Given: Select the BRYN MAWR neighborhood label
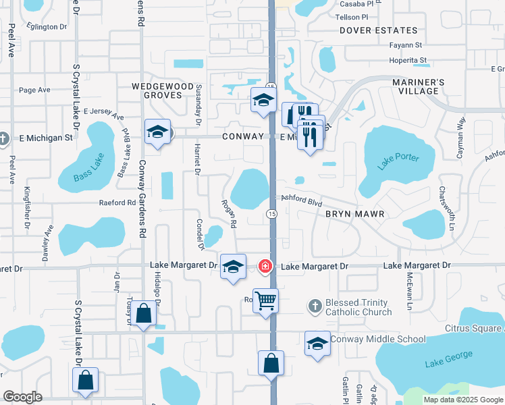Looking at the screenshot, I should (x=355, y=214).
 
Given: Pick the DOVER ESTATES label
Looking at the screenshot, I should (x=379, y=30).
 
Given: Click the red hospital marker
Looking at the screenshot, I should (x=265, y=267).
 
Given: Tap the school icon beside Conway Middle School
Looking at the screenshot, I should (x=317, y=343).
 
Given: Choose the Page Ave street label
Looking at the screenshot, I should (x=35, y=90).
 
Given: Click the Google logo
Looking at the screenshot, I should (x=23, y=397).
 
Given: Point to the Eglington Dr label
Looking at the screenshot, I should (x=47, y=27).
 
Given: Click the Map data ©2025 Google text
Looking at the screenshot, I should (x=462, y=400).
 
